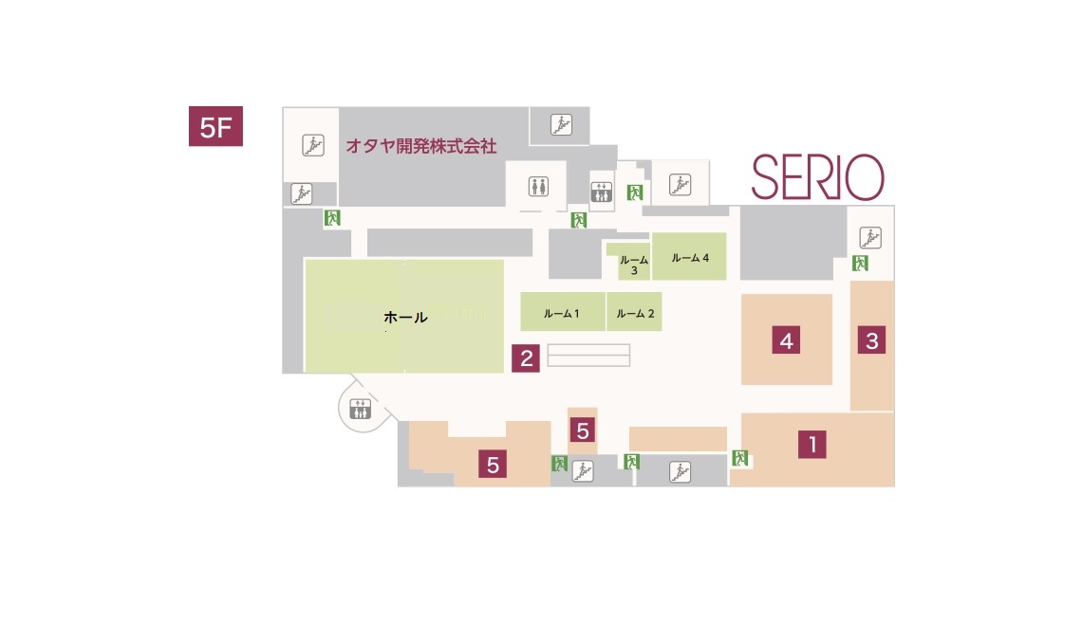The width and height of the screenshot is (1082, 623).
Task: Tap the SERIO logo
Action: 817,177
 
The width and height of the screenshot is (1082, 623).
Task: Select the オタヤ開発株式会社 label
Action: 420,146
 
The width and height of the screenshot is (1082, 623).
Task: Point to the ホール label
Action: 405,318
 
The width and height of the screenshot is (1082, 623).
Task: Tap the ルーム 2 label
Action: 634,313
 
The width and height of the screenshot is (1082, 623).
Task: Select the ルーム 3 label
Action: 633,265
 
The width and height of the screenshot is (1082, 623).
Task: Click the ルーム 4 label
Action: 690,258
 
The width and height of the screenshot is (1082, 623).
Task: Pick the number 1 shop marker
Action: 811,444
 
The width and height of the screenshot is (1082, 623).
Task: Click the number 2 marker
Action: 526,357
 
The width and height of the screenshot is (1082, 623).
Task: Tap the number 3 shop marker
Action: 872,339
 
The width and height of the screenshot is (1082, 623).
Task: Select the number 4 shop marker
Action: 786,339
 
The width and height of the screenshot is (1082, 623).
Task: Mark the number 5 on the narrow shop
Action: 583,431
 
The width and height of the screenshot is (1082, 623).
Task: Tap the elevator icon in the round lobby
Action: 361,410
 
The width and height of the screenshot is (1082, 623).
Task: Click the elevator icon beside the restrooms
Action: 603,192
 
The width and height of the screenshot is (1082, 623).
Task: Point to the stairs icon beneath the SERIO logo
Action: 870,237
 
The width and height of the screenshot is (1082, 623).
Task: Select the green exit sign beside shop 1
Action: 740,458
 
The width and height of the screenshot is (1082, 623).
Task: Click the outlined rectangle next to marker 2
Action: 589,355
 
